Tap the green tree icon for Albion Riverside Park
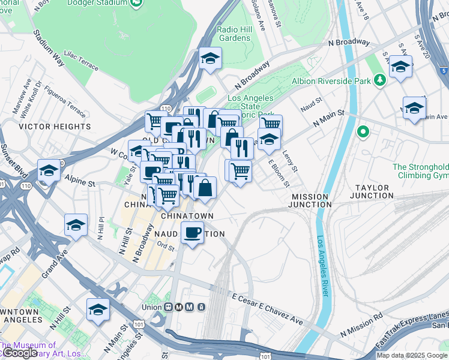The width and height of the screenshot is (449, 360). click(379, 80)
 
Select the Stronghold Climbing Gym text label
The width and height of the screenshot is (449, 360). click(420, 171)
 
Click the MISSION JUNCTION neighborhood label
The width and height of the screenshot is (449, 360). click(310, 200)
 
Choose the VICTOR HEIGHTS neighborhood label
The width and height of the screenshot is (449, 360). click(55, 127)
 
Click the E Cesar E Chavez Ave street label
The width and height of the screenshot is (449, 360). click(267, 309)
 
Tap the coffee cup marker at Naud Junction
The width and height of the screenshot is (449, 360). click(192, 232)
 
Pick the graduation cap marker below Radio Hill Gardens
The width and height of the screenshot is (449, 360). click(211, 58)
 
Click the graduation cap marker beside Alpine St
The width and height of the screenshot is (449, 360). click(49, 170)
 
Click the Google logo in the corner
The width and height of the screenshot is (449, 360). click(19, 353)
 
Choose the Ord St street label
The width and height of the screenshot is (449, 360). click(166, 247)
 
